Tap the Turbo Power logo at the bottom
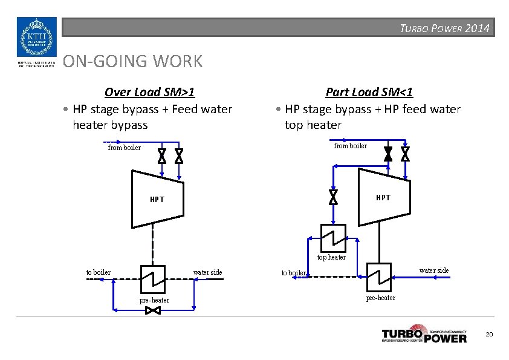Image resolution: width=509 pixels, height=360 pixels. (424, 335)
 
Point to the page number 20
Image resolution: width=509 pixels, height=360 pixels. (489, 335)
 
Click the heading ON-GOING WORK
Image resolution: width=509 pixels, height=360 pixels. (133, 61)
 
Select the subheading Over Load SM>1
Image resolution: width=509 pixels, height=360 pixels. (149, 92)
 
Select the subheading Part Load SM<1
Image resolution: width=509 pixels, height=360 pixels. (369, 92)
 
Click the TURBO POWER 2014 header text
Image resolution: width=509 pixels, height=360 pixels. (444, 28)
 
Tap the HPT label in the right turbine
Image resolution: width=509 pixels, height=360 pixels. (383, 197)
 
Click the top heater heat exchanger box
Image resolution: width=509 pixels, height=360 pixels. (333, 237)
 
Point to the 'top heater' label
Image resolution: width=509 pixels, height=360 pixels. (332, 257)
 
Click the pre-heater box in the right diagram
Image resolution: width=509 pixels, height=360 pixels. (379, 277)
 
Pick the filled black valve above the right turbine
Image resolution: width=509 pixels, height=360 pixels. (387, 154)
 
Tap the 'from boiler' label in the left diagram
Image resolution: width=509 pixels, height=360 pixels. (125, 148)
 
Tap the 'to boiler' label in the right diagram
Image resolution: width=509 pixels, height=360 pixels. (294, 273)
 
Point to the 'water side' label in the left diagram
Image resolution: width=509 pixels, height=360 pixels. (207, 272)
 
